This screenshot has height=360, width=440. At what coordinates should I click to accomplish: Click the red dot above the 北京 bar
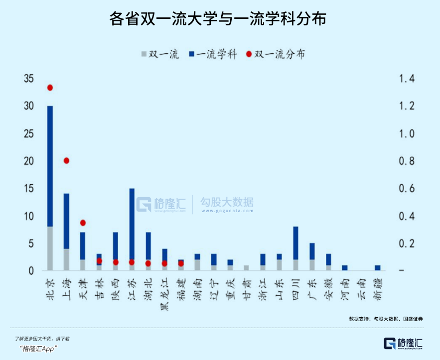click(x=50, y=88)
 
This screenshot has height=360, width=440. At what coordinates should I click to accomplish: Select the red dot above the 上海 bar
click(x=66, y=160)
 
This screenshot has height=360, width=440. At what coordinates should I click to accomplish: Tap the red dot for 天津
click(x=83, y=223)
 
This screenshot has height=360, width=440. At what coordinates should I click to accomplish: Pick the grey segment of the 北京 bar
click(x=50, y=248)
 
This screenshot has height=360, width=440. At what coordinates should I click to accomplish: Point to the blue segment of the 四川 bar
click(x=295, y=243)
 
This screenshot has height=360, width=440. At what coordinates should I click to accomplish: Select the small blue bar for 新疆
click(x=377, y=268)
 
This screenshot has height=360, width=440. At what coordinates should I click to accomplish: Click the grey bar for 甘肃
click(x=246, y=268)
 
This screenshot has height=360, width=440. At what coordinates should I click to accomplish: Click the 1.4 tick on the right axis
click(x=405, y=79)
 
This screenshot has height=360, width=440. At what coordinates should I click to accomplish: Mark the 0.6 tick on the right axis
click(x=405, y=189)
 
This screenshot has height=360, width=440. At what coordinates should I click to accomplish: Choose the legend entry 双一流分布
click(x=275, y=54)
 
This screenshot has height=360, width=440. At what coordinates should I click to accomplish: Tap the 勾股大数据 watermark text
click(x=227, y=202)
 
